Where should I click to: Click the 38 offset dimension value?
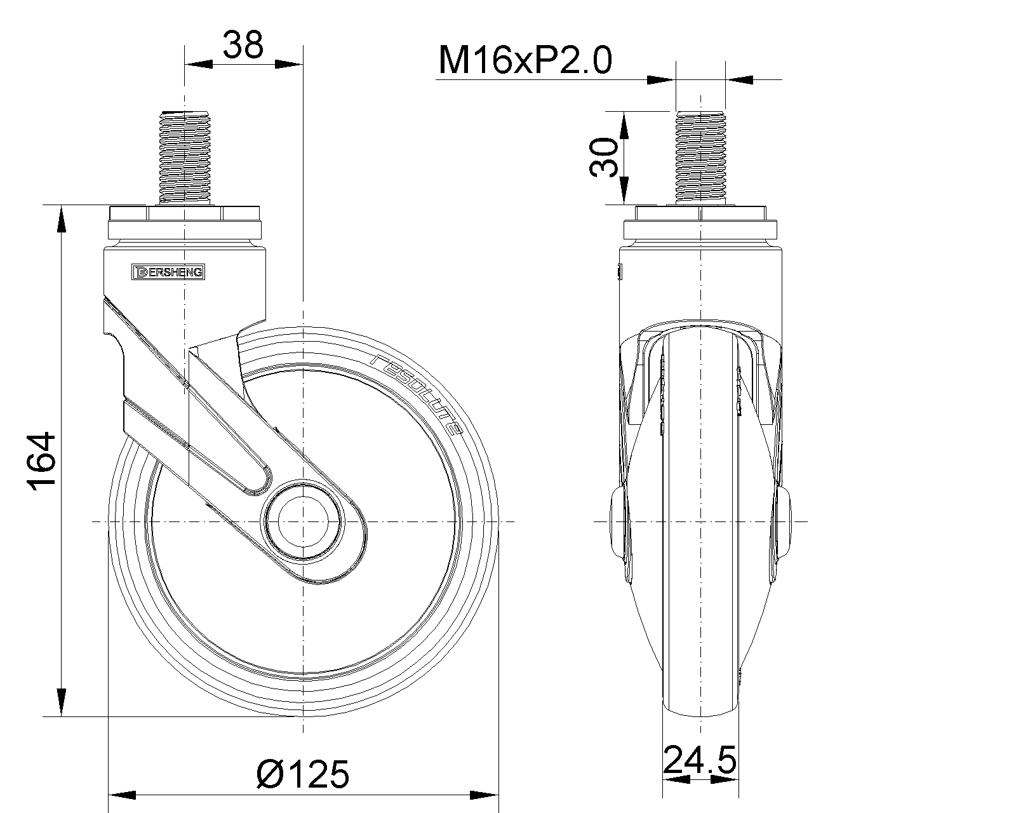(243, 45)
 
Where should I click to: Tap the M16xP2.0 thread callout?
(525, 60)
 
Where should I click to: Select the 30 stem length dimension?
(605, 158)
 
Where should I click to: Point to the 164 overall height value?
(42, 461)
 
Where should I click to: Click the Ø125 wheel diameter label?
(303, 774)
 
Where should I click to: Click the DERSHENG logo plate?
(168, 272)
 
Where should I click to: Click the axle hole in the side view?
(303, 521)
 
